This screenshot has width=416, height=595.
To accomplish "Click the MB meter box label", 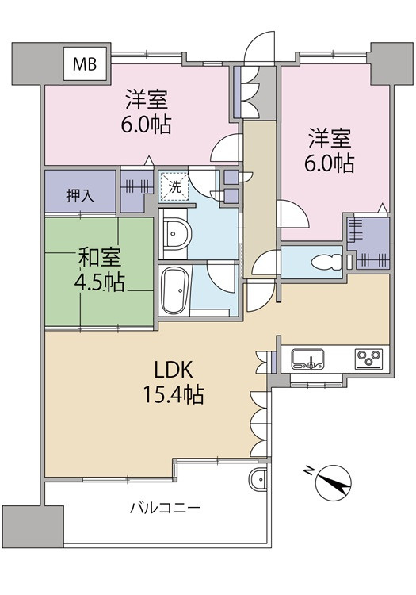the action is pos(85,64).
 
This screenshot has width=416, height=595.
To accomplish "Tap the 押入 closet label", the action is pos(80,196).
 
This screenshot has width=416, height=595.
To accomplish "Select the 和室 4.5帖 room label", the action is pos(100,271).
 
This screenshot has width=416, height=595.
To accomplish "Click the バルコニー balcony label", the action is pos(165,508).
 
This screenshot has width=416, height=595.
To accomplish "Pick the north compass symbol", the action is pos(333,482).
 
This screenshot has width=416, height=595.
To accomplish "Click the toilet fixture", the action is pos(327,263).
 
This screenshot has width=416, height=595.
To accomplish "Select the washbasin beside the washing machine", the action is pos(174,233).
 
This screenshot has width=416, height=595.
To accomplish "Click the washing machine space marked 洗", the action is pos(174,186).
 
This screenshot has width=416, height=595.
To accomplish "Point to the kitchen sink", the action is pos(307,359).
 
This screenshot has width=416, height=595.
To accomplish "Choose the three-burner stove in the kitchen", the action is pos(368,359).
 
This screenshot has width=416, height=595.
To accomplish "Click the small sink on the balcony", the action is pos(259,479).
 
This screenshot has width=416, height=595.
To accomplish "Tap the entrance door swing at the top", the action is pos(260,47).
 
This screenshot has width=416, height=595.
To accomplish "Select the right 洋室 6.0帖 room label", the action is pos(330,151).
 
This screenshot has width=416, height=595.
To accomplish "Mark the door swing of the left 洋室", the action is pos(226,148).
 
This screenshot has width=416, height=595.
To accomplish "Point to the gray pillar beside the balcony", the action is pos(33,525).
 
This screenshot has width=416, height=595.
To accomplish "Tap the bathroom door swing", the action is pos(223,278).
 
